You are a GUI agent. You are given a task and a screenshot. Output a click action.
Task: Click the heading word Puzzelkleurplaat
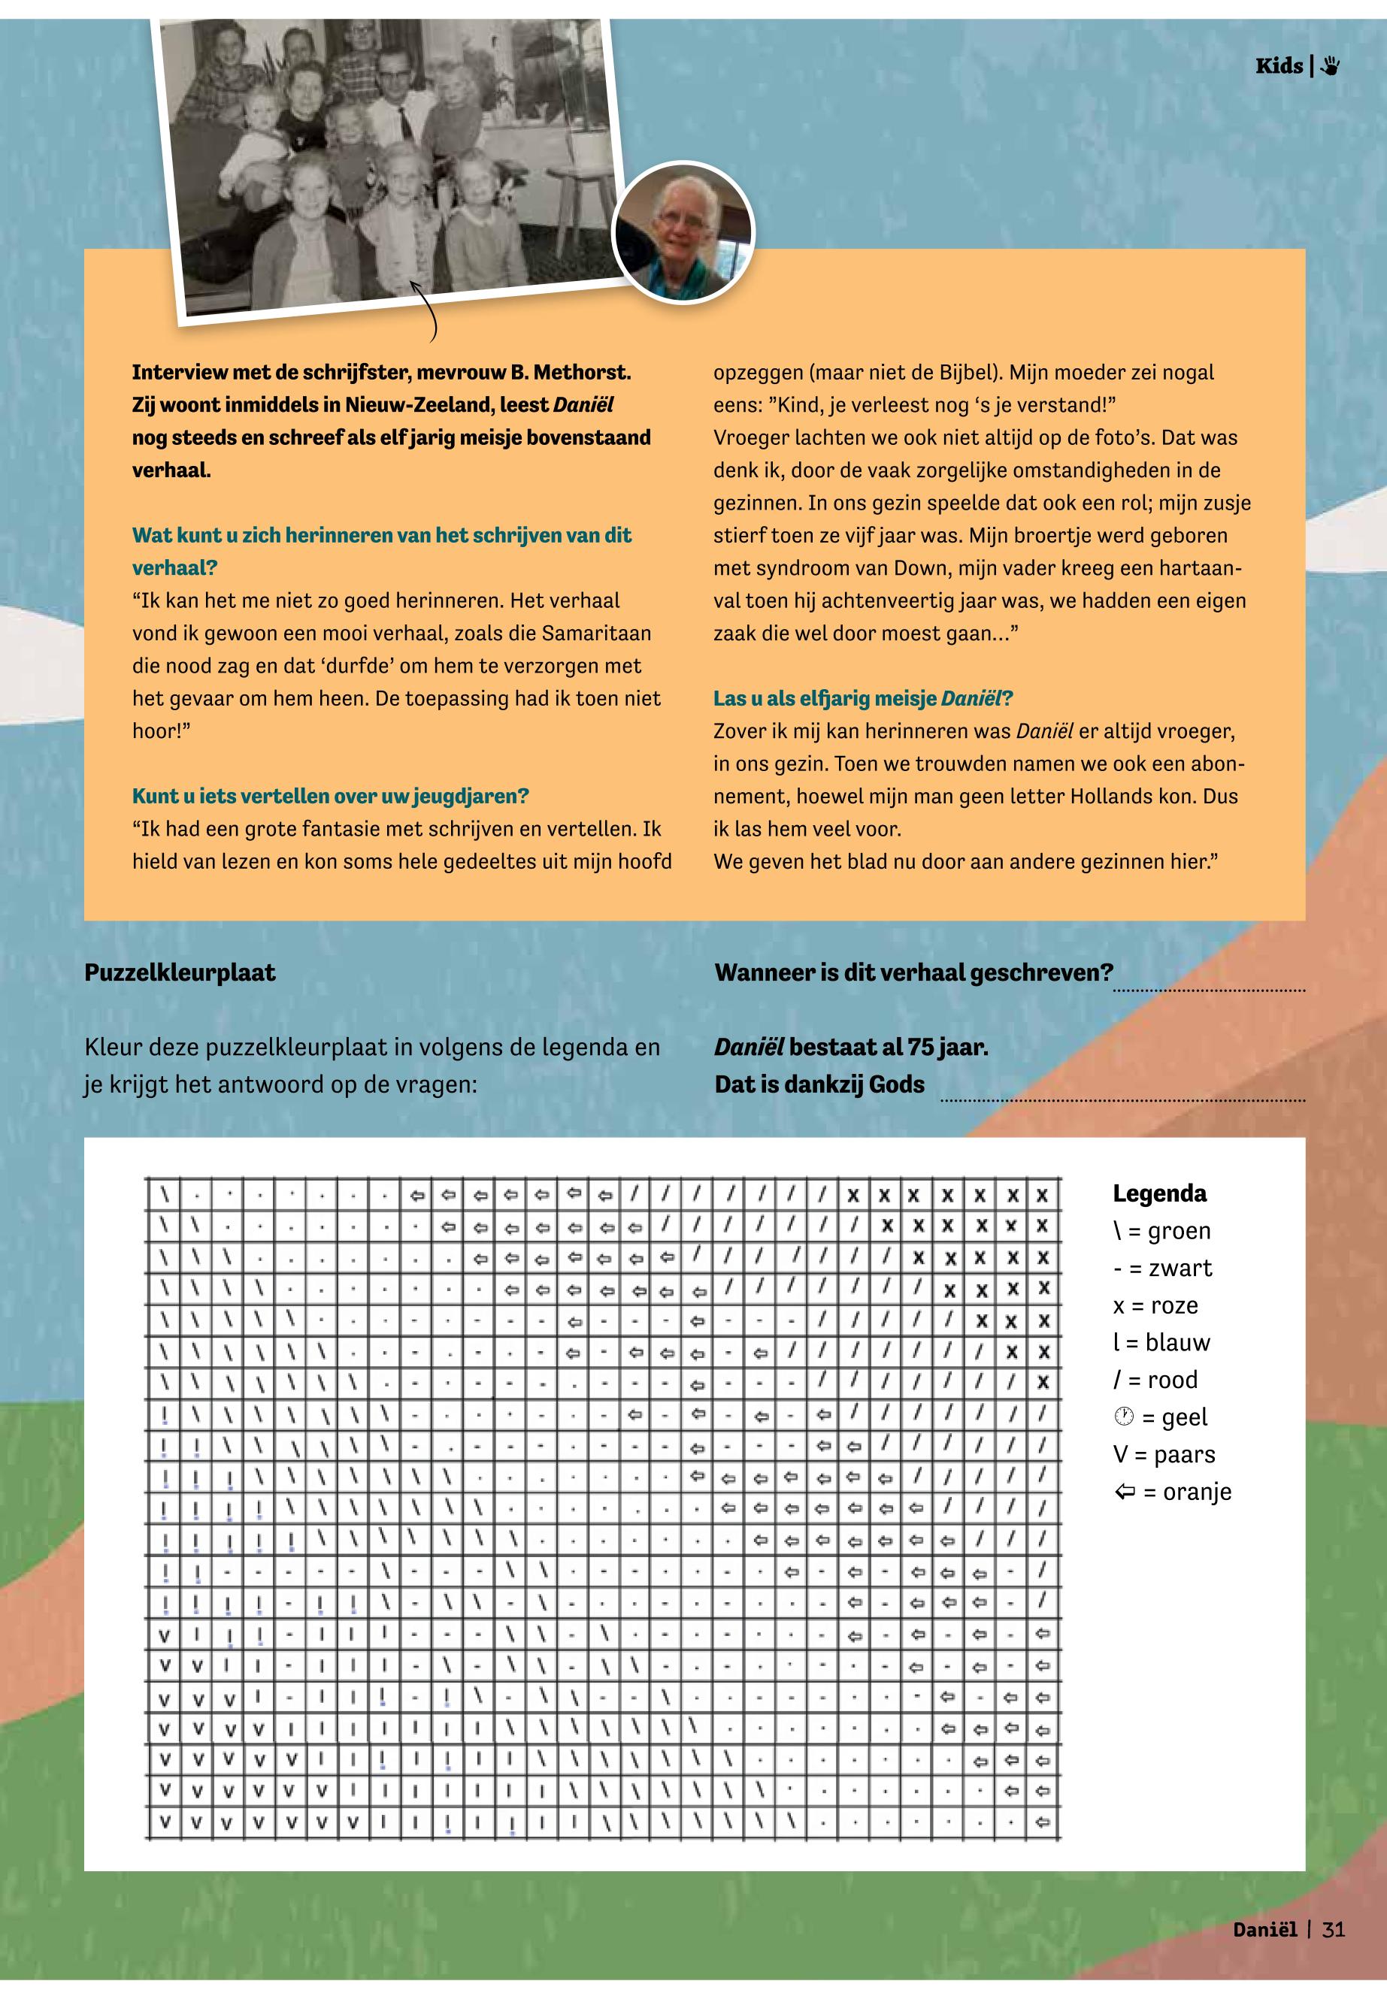[x=180, y=972]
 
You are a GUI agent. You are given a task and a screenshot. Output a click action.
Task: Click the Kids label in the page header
[x=1278, y=66]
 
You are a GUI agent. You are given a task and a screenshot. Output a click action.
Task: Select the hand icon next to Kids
[x=1330, y=66]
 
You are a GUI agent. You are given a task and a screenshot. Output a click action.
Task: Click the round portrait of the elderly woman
[x=683, y=232]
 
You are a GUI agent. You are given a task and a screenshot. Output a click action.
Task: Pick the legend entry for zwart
[x=1162, y=1269]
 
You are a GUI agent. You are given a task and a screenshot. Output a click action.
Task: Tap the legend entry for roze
[x=1156, y=1305]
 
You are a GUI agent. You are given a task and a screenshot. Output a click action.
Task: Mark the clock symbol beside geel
[x=1124, y=1417]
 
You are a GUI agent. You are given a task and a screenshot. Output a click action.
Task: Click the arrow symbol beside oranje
[x=1125, y=1492]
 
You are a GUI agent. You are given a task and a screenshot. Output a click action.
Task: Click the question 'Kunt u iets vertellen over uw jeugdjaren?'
[x=330, y=796]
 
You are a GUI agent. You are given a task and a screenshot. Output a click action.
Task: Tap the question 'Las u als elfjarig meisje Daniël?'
[x=863, y=698]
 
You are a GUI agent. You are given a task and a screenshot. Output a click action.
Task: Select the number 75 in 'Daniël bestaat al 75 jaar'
[x=920, y=1047]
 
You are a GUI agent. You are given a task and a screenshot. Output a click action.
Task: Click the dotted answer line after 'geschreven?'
[x=1209, y=989]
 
